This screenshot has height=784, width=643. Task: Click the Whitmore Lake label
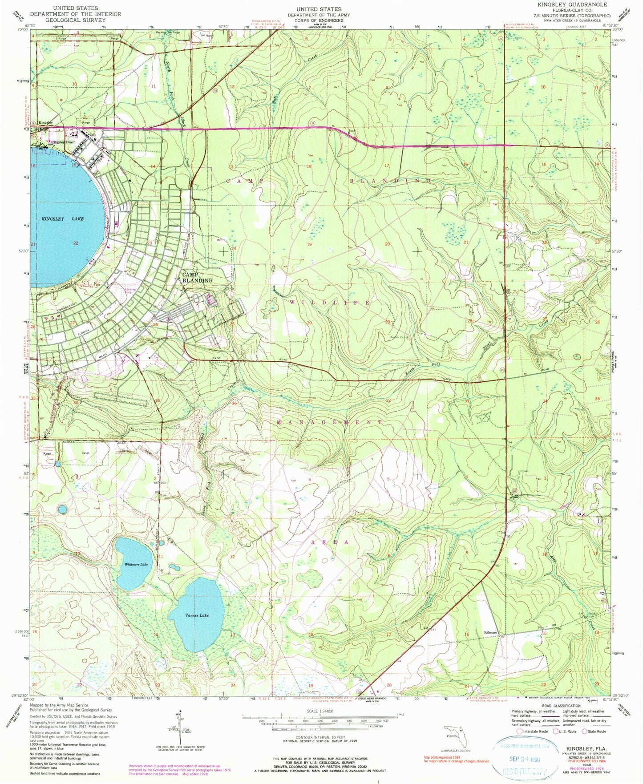[x=135, y=564]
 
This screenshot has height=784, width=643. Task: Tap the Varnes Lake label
[x=197, y=615]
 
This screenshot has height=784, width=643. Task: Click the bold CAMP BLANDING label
[x=197, y=278]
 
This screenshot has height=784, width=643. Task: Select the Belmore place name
[x=490, y=633]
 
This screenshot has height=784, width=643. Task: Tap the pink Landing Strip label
[x=130, y=291]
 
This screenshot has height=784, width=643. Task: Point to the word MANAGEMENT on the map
[x=329, y=421]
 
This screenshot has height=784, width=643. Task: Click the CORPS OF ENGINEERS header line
[x=319, y=20]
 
